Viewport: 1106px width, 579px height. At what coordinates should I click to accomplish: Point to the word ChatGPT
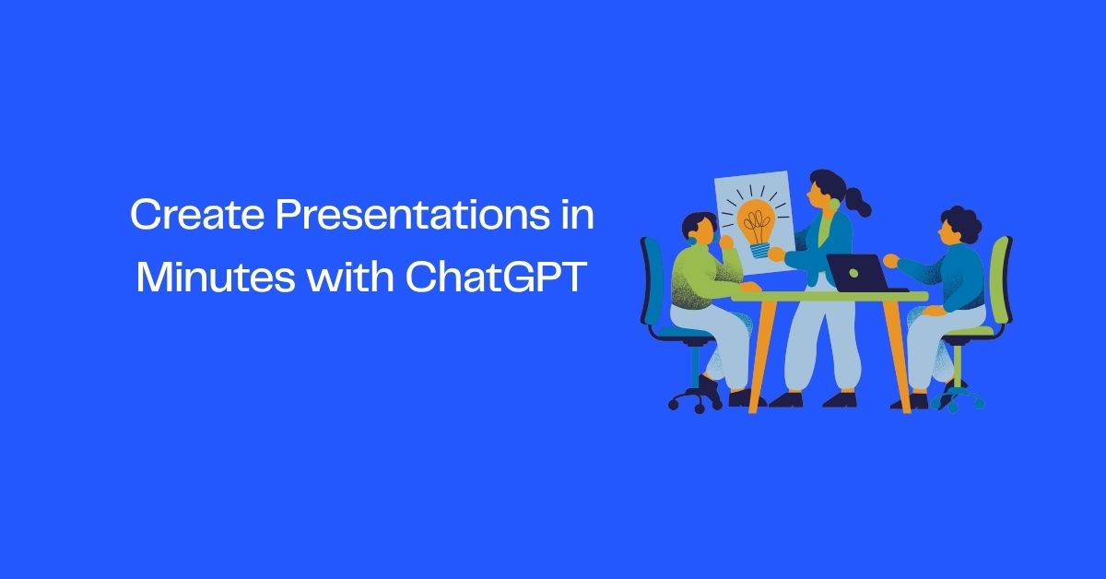[496, 278]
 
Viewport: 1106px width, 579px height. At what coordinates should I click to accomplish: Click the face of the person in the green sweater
[705, 234]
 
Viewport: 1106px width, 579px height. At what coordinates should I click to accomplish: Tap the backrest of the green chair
[999, 277]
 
